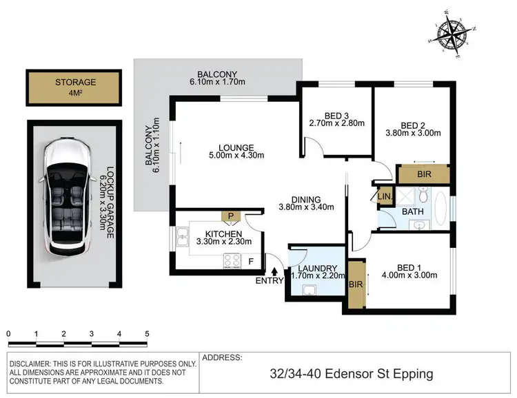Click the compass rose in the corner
(x=456, y=32)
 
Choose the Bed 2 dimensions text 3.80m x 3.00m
(x=412, y=135)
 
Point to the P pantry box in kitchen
(x=232, y=216)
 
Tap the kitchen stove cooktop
(x=232, y=260)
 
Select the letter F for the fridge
(x=250, y=262)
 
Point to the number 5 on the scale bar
(x=147, y=333)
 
